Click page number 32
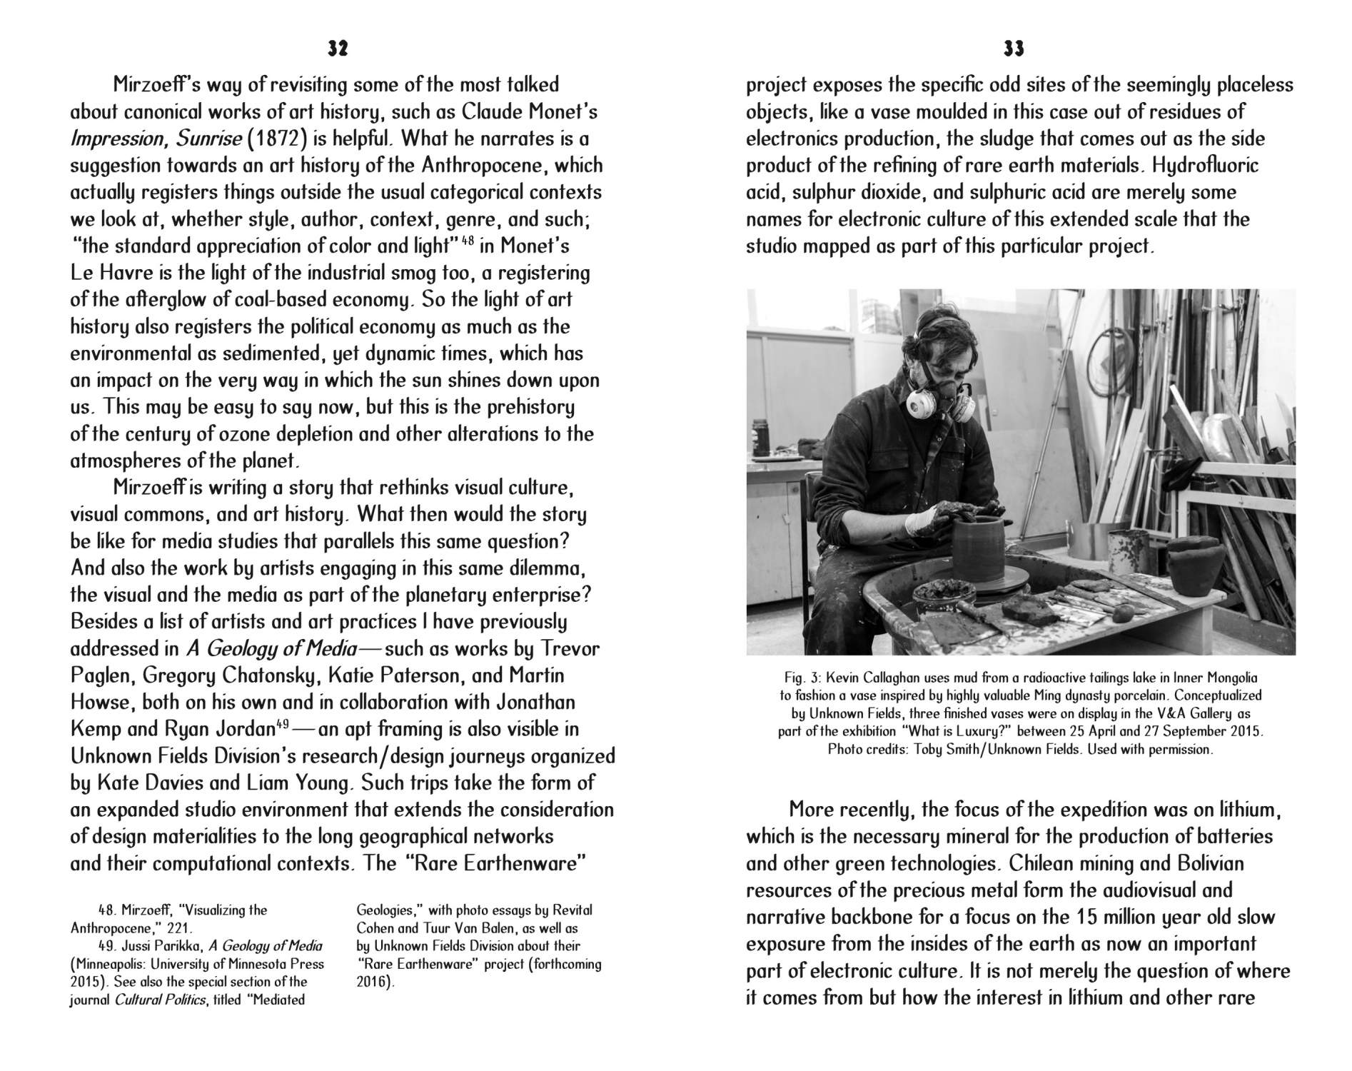coord(338,49)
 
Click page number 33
coord(1014,49)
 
